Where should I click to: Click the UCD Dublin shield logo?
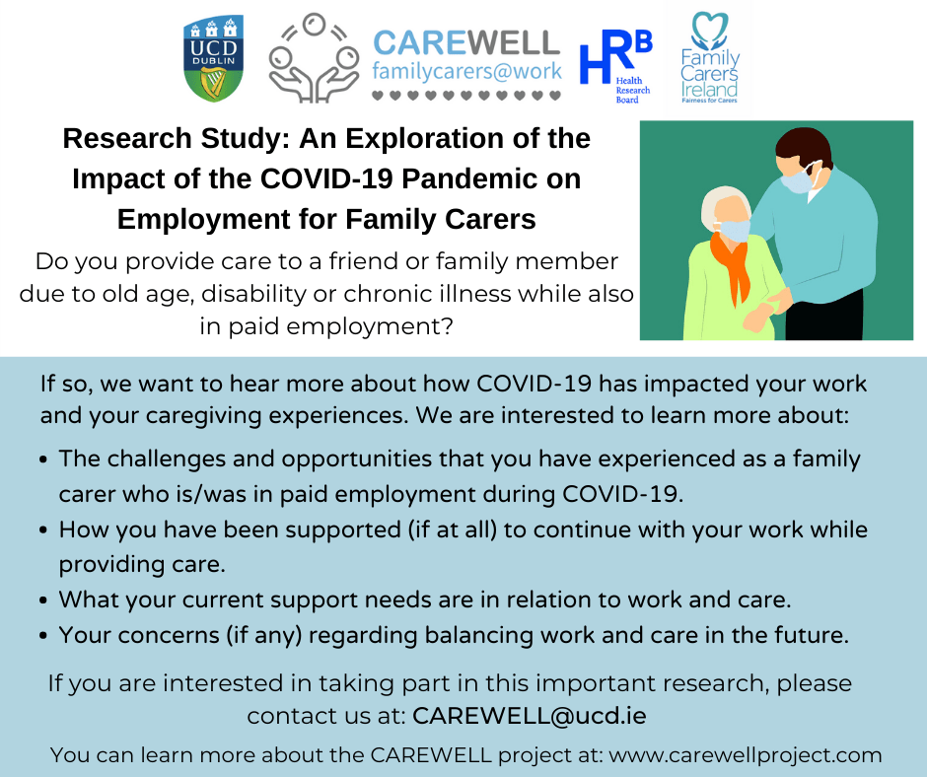click(x=213, y=58)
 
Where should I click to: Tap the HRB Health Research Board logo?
click(x=615, y=66)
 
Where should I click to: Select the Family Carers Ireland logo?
click(x=709, y=57)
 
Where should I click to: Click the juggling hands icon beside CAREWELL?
click(x=314, y=58)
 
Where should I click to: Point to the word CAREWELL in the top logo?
click(x=466, y=43)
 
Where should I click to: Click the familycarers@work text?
click(x=466, y=72)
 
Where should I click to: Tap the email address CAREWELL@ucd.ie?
click(x=530, y=716)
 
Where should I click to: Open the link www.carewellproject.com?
click(x=745, y=755)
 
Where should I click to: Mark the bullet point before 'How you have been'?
click(x=43, y=530)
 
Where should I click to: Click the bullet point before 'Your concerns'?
click(x=43, y=636)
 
